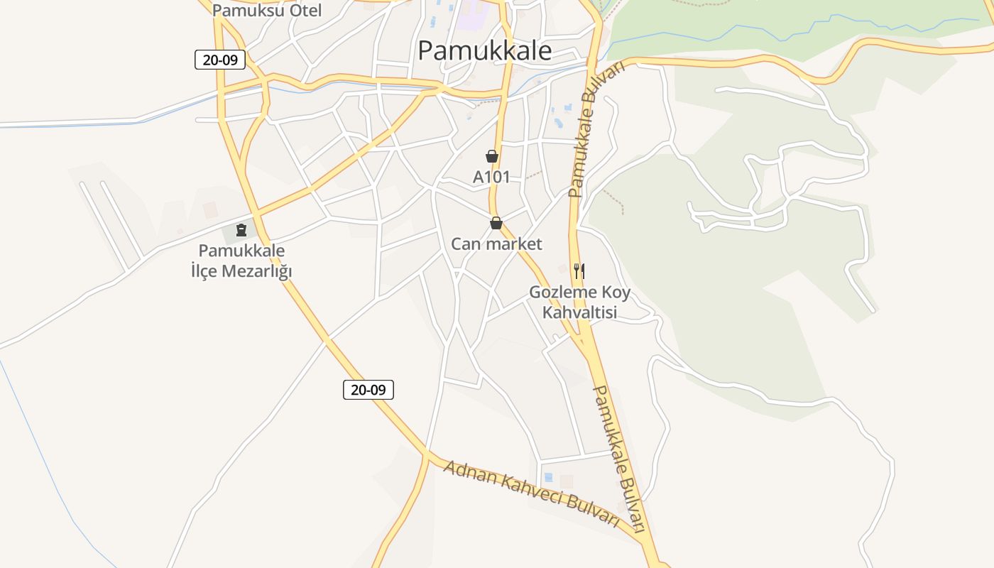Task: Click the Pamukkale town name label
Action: point(484,50)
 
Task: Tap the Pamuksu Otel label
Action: point(267,11)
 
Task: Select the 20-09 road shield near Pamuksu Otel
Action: point(220,60)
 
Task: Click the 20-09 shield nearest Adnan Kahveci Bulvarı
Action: point(368,389)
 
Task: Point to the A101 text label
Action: point(491,177)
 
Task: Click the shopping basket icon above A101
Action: point(491,156)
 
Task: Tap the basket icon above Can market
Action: point(496,223)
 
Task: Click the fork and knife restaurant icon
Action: point(579,271)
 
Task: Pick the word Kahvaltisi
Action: point(579,312)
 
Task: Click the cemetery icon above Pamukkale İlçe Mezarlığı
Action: point(241,229)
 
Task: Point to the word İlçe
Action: point(204,271)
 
